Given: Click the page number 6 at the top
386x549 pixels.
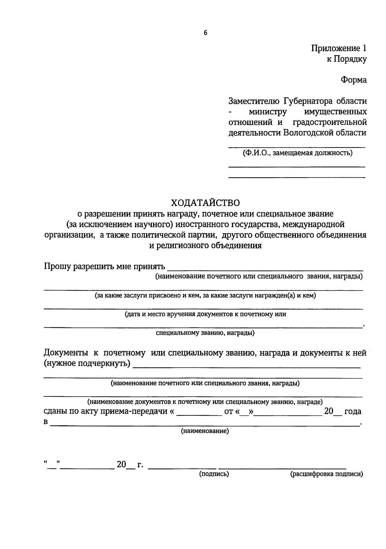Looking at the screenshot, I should tap(206, 33).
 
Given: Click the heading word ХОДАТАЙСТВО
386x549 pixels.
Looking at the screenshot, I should tap(205, 203).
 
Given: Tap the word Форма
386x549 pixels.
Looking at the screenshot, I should tap(354, 80).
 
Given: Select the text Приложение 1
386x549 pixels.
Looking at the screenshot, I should tap(338, 49).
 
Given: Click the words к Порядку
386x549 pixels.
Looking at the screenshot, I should tap(347, 59).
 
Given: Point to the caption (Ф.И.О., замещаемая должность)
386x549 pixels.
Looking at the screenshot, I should tap(297, 153).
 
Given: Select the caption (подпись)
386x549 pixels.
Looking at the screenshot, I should tap(214, 474).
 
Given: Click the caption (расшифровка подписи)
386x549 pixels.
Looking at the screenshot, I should tap(326, 474).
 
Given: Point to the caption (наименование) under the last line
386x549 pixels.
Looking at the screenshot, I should tap(205, 431).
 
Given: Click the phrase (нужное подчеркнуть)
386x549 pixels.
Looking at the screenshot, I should tap(87, 364).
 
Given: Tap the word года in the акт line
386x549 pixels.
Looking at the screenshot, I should tap(353, 412).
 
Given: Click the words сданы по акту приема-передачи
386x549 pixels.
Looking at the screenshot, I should tap(106, 412).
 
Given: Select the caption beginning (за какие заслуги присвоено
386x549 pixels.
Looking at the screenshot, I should tap(205, 296).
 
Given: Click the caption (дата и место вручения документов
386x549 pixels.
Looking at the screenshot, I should tap(205, 314).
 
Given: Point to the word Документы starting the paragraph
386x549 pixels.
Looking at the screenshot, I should tap(66, 353).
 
